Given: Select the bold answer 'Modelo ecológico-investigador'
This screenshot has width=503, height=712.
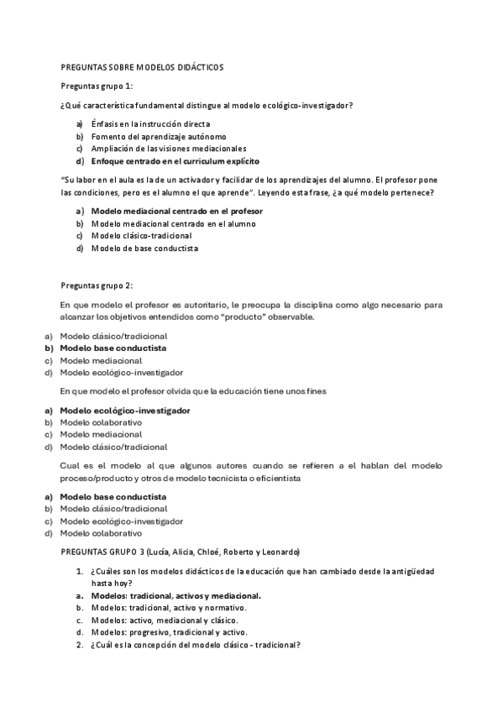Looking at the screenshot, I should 124,411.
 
